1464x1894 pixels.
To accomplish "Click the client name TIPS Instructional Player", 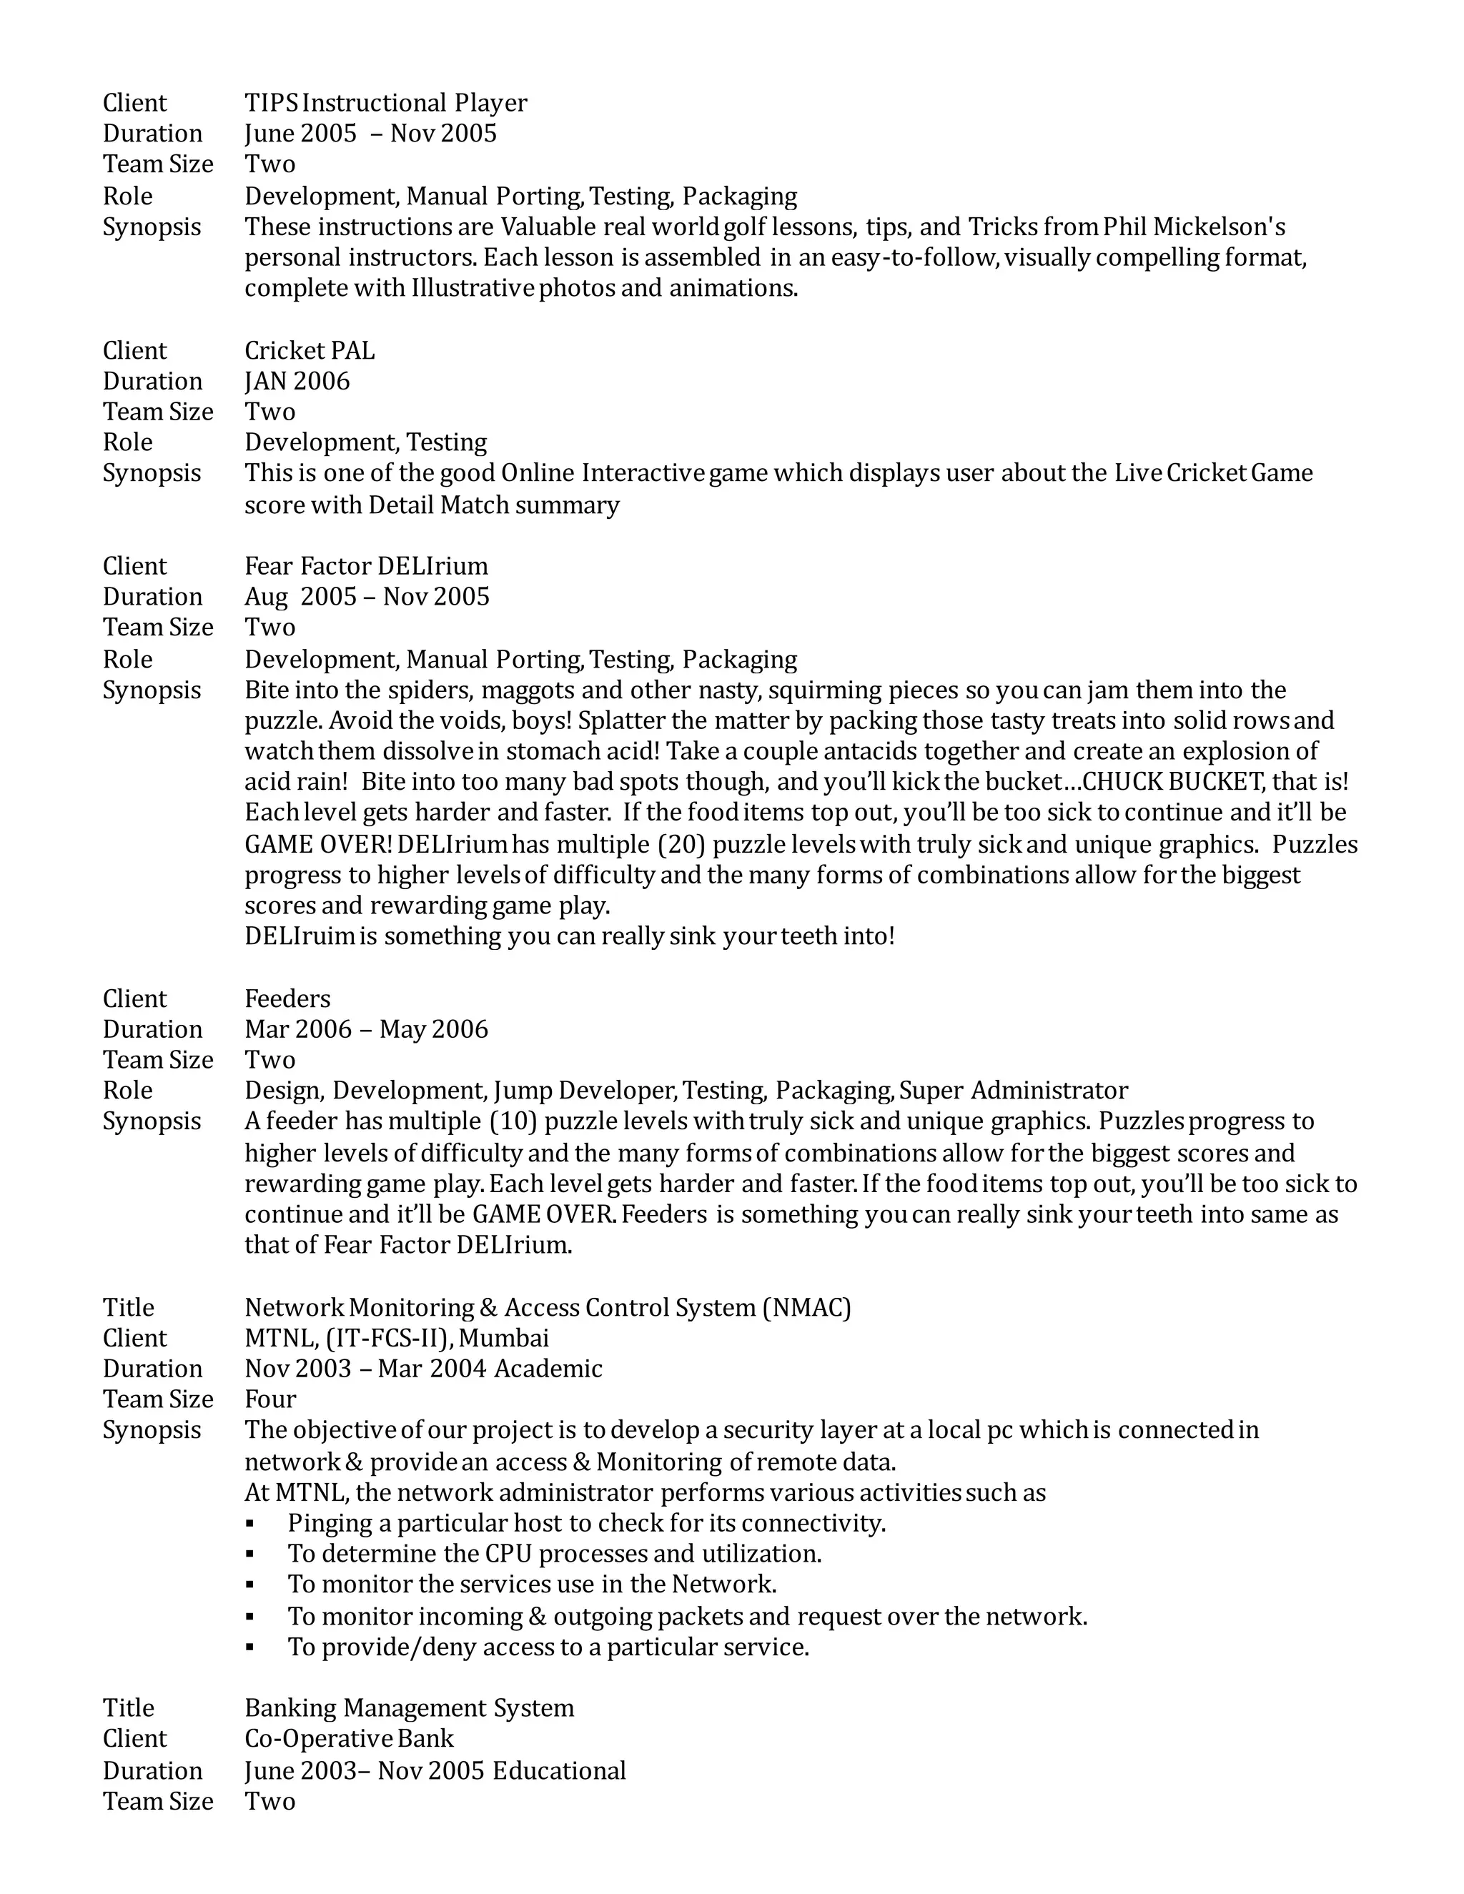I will [x=385, y=103].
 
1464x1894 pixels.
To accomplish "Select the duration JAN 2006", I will [x=297, y=382].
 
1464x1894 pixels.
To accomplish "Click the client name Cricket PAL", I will [x=309, y=350].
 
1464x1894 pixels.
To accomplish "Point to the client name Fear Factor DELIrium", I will [x=366, y=566].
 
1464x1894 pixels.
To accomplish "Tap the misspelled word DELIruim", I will [x=300, y=936].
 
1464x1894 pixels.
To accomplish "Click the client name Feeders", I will [x=287, y=999].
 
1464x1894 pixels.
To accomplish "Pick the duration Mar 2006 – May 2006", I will [x=366, y=1029].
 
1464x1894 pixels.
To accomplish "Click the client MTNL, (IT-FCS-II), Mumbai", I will [x=396, y=1339].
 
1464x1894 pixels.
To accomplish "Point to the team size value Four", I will [x=269, y=1399].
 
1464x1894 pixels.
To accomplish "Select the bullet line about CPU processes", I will [x=554, y=1553].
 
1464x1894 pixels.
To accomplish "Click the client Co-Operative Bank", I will [x=349, y=1739].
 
